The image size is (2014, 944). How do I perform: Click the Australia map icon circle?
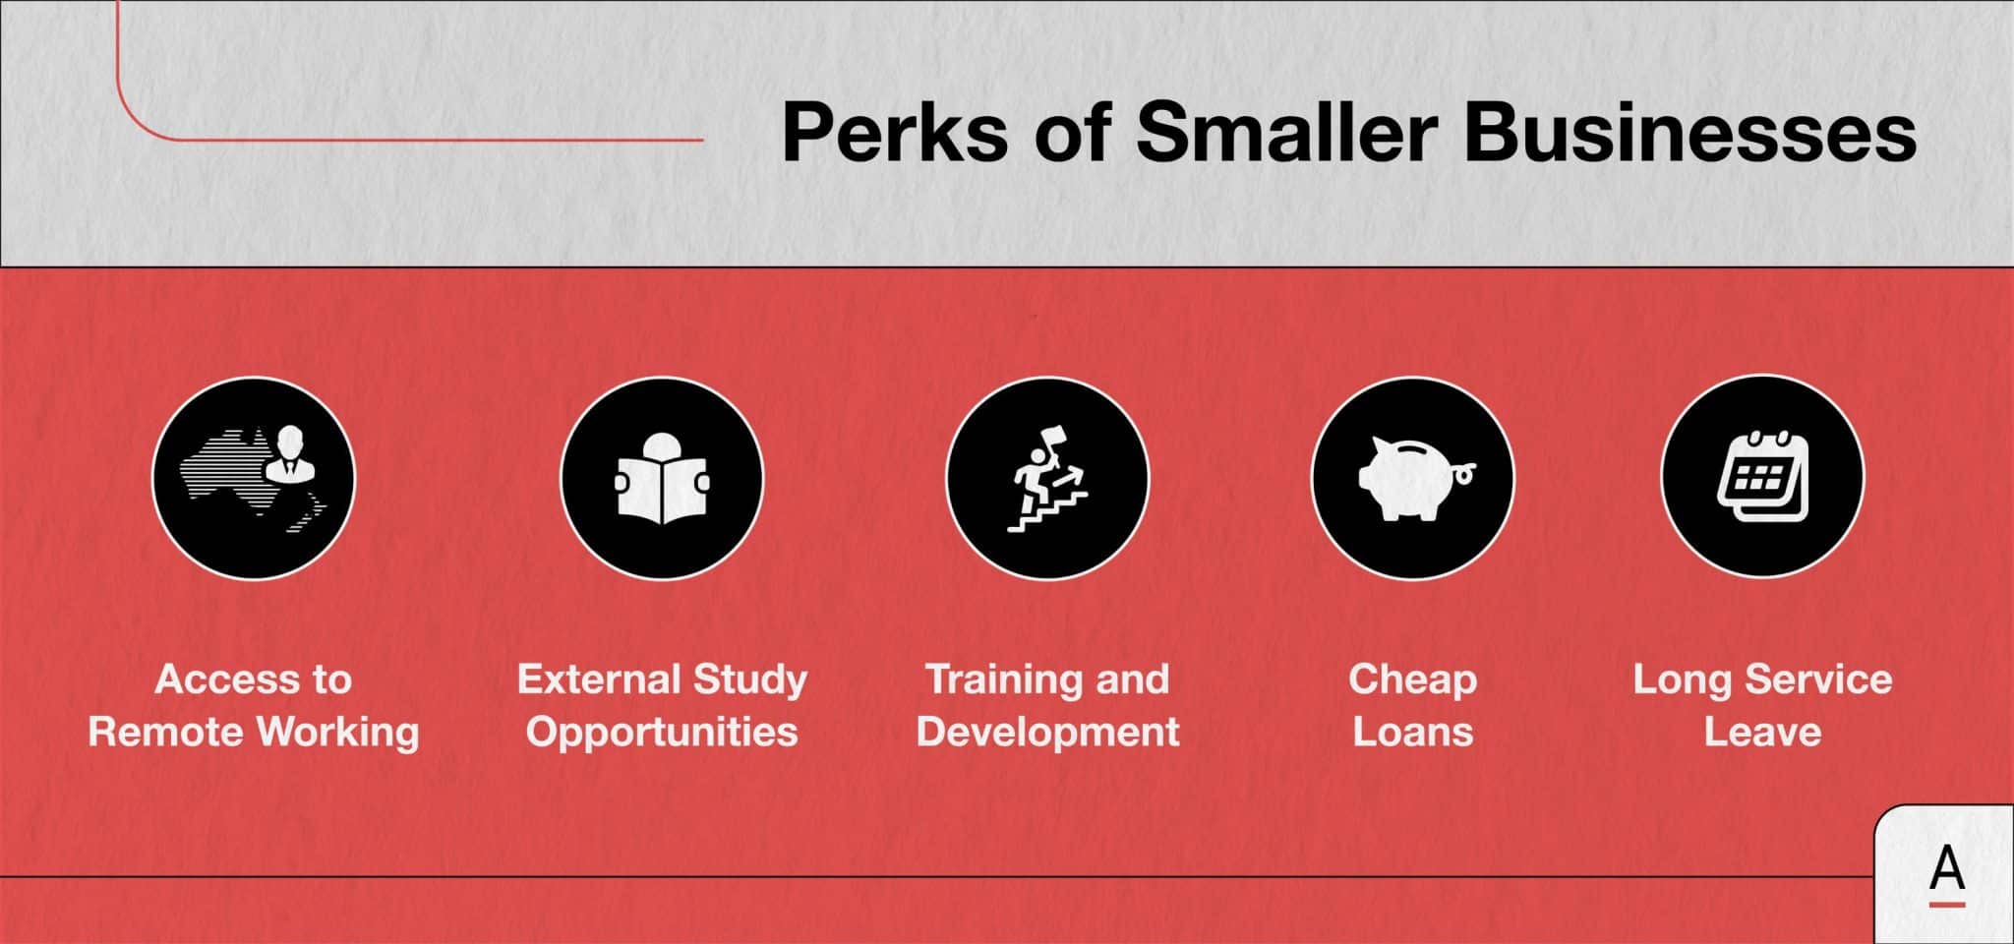pyautogui.click(x=254, y=479)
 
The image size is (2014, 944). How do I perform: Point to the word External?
pyautogui.click(x=599, y=679)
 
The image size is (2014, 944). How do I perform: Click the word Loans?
pyautogui.click(x=1413, y=732)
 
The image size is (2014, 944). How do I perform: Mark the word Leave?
pyautogui.click(x=1762, y=732)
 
